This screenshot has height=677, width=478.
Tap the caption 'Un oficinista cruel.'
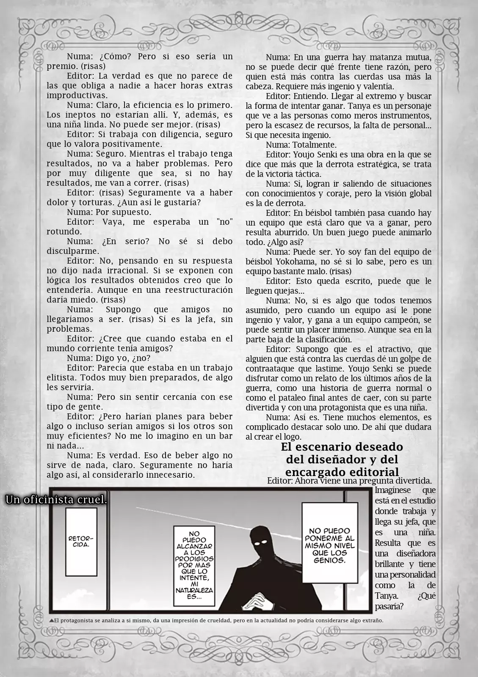pyautogui.click(x=55, y=500)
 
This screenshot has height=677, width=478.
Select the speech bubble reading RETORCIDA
pyautogui.click(x=81, y=542)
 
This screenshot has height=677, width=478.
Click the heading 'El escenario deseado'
pyautogui.click(x=342, y=447)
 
